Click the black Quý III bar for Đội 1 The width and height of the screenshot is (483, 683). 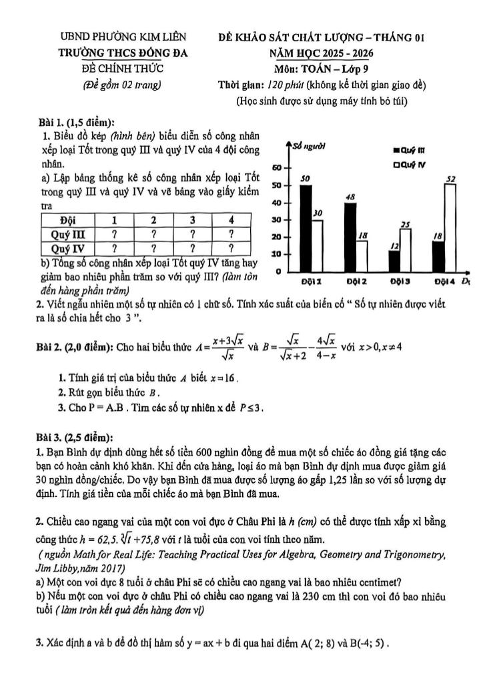(305, 227)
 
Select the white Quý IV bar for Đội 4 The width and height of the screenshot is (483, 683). (450, 227)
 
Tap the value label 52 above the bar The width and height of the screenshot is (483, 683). (451, 178)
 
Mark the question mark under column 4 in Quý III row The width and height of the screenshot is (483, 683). (229, 234)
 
